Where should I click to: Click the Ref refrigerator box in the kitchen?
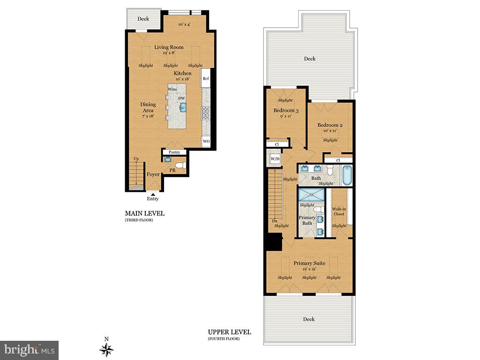point(205,78)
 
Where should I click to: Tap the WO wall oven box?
point(205,141)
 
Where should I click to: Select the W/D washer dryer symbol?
point(275,159)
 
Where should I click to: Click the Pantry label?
point(174,152)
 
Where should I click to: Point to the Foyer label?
point(153,174)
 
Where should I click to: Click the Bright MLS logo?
point(29,350)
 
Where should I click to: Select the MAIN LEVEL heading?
point(145,213)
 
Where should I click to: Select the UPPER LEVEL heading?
point(229,332)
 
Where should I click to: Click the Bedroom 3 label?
point(286,111)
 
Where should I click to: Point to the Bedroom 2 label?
point(330,125)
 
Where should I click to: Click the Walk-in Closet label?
point(338,211)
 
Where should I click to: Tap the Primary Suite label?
point(309,263)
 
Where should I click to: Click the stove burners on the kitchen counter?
point(205,113)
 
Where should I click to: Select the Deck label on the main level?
point(143,19)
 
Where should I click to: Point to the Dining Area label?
point(148,107)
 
